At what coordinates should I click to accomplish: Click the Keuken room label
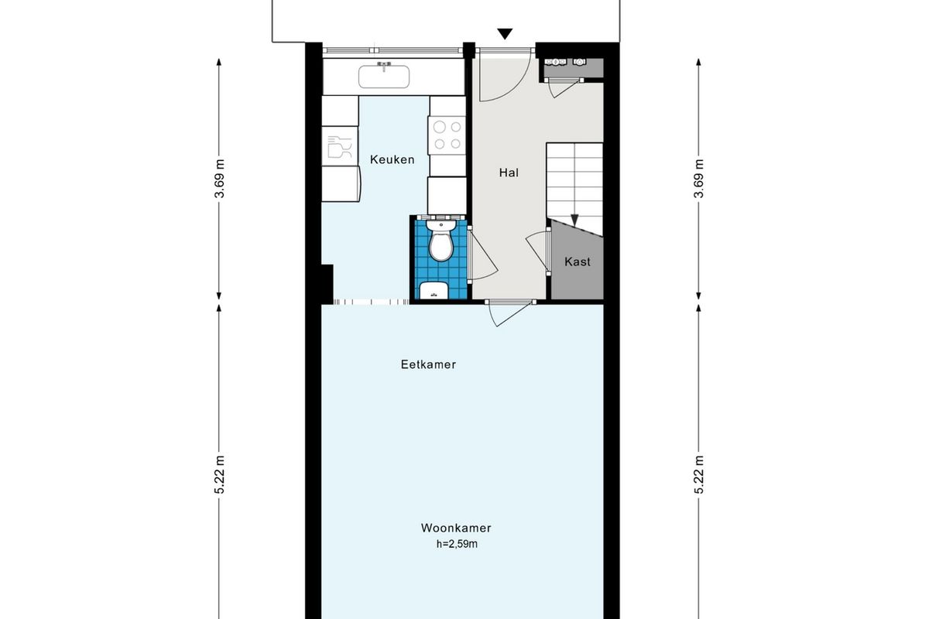pyautogui.click(x=392, y=159)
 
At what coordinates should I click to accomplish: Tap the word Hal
pyautogui.click(x=509, y=173)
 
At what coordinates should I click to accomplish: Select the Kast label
pyautogui.click(x=578, y=262)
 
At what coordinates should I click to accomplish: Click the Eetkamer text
pyautogui.click(x=428, y=364)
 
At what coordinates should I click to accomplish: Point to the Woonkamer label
pyautogui.click(x=456, y=528)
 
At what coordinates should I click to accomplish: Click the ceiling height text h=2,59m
pyautogui.click(x=457, y=544)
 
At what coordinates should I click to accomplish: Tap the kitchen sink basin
pyautogui.click(x=384, y=77)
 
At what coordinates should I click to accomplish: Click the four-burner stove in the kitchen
pyautogui.click(x=447, y=135)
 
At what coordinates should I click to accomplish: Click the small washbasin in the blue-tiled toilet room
pyautogui.click(x=434, y=290)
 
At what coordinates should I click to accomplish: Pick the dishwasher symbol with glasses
pyautogui.click(x=340, y=146)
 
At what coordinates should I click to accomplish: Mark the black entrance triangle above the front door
pyautogui.click(x=505, y=34)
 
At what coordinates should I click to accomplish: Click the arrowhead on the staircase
pyautogui.click(x=574, y=221)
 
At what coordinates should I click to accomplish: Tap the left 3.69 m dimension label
pyautogui.click(x=220, y=179)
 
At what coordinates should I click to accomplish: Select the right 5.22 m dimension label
pyautogui.click(x=699, y=474)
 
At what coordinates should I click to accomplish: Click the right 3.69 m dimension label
pyautogui.click(x=699, y=179)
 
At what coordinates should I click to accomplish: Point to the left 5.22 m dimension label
pyautogui.click(x=220, y=474)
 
